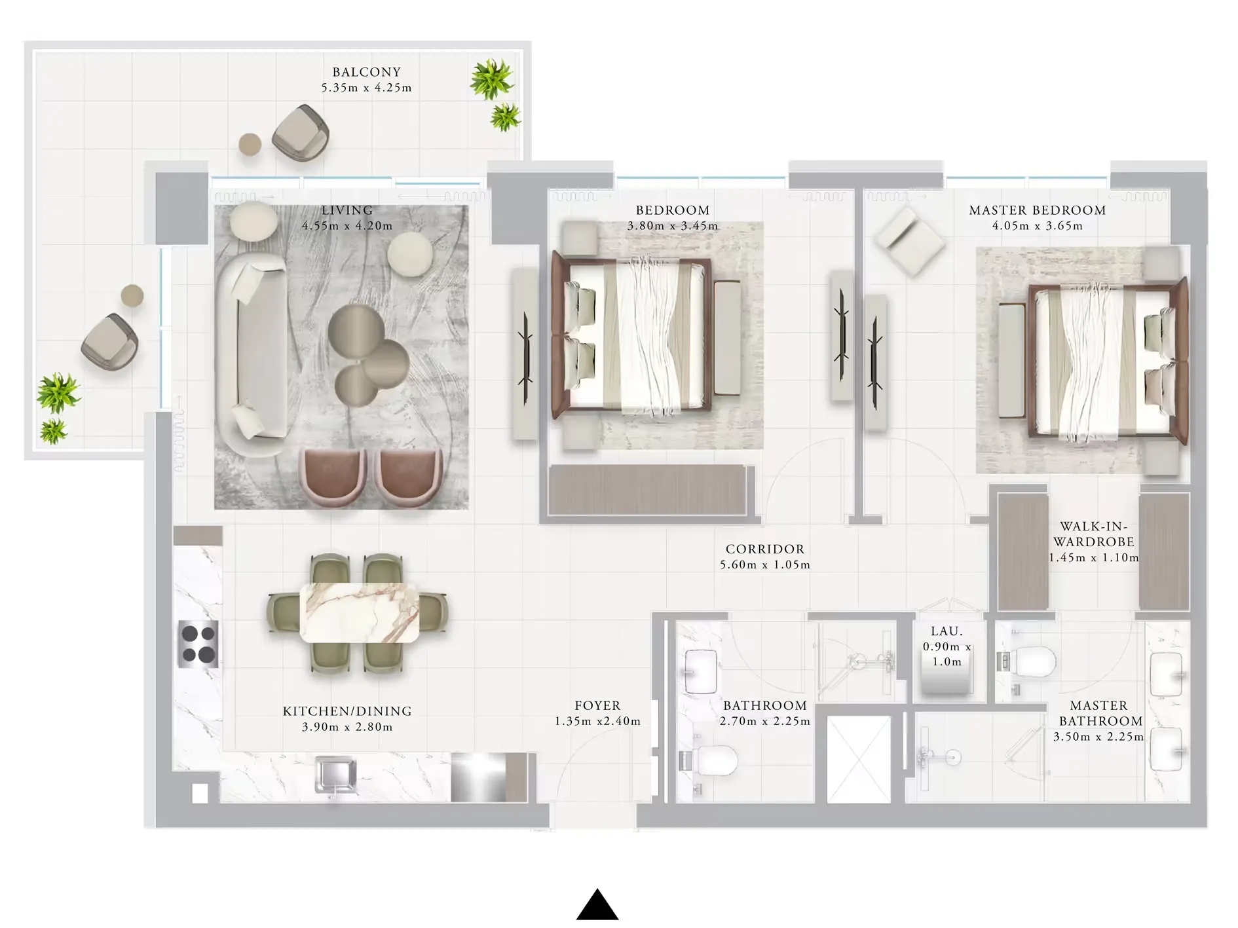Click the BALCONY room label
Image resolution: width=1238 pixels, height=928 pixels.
(x=366, y=72)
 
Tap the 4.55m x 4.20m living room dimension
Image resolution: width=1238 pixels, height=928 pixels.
(x=347, y=226)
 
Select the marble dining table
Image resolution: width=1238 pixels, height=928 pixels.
(x=360, y=612)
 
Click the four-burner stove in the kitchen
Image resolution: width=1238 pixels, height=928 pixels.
(x=198, y=644)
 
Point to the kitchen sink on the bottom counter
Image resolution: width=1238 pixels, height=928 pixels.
(x=335, y=776)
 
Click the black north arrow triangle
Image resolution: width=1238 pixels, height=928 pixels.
(x=597, y=905)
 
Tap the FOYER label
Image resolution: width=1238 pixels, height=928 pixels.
(x=597, y=705)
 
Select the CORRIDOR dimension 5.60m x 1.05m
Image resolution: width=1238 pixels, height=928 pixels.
(x=765, y=565)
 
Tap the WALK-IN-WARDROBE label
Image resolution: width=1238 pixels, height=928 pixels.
(x=1093, y=534)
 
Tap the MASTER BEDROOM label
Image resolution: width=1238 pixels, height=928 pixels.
(x=1037, y=210)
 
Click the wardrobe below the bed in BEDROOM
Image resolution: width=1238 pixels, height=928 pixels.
(x=647, y=490)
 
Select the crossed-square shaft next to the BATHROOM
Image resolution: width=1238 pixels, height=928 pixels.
(x=859, y=759)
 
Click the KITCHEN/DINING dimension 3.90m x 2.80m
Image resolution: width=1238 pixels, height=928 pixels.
(x=347, y=727)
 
